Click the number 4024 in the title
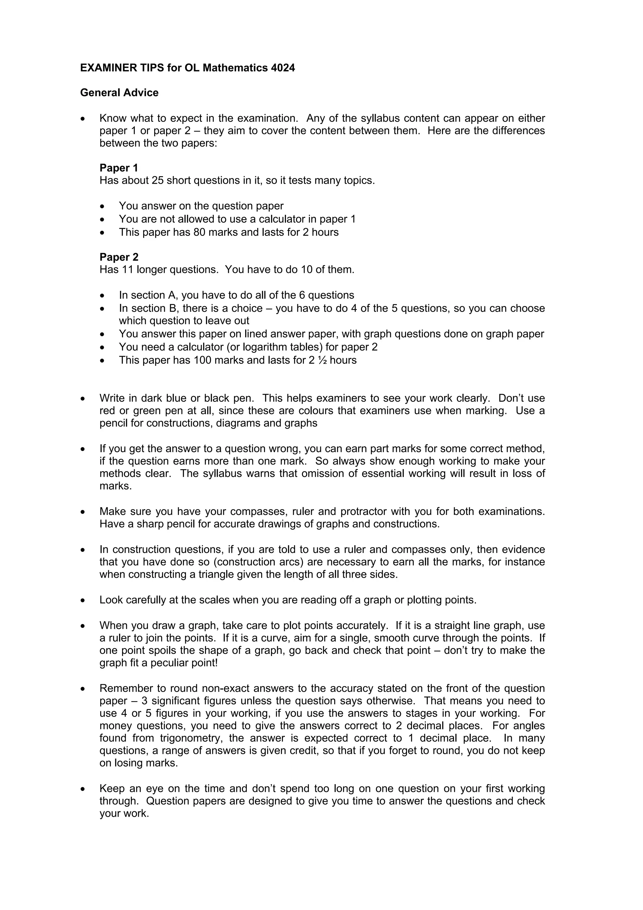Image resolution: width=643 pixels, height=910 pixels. [283, 68]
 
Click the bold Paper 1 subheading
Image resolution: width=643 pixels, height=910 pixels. [118, 168]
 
